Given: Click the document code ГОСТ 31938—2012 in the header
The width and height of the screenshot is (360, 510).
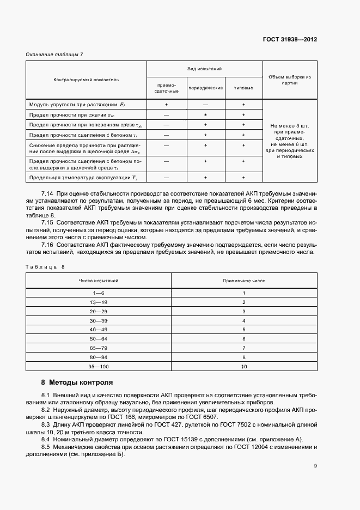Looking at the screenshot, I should pyautogui.click(x=290, y=40).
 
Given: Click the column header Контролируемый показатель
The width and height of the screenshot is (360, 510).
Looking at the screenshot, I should pyautogui.click(x=86, y=80).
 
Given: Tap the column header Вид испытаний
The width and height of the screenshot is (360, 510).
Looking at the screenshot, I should pyautogui.click(x=204, y=69).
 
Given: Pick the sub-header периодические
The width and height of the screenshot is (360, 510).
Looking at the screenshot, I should pyautogui.click(x=205, y=88).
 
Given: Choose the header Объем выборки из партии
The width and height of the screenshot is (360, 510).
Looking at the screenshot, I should pyautogui.click(x=290, y=80).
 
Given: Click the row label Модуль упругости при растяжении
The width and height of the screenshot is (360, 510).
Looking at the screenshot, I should pyautogui.click(x=74, y=104).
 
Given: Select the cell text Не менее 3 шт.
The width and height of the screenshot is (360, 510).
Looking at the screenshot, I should pyautogui.click(x=290, y=126).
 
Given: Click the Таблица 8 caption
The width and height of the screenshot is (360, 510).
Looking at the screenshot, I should pyautogui.click(x=46, y=266).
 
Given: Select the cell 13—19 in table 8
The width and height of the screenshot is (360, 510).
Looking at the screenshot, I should pyautogui.click(x=99, y=302).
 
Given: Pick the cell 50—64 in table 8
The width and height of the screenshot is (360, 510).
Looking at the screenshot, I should pyautogui.click(x=99, y=339).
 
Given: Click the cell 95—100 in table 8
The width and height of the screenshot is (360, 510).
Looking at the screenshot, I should pyautogui.click(x=99, y=367).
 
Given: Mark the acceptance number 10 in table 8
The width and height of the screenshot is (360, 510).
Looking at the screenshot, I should pyautogui.click(x=244, y=367).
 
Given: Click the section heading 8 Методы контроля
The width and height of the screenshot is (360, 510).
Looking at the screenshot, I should pyautogui.click(x=77, y=382).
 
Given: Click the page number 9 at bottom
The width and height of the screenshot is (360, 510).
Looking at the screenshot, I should pyautogui.click(x=315, y=466).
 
